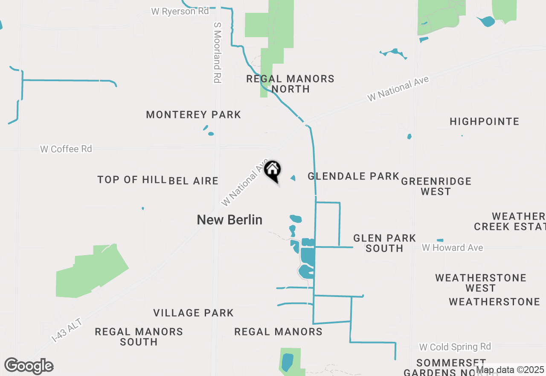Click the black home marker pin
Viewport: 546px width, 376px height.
(272, 170)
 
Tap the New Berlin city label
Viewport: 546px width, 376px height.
(229, 220)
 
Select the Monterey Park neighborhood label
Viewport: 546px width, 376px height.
(193, 115)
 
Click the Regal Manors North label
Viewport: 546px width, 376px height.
(290, 84)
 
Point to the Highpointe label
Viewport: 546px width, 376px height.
(484, 122)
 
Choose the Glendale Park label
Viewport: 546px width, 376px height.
(353, 176)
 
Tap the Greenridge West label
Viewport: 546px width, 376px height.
(436, 186)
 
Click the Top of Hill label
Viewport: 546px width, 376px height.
(131, 179)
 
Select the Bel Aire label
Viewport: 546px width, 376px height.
(194, 181)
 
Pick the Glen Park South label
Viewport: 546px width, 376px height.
(384, 243)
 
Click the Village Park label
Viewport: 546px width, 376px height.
(193, 313)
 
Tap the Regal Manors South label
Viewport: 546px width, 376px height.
(139, 337)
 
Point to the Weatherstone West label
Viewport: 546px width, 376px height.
(481, 283)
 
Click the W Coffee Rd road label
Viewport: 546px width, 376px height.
(66, 149)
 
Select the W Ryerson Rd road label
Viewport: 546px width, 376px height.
(180, 12)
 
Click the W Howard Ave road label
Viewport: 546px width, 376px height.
(452, 248)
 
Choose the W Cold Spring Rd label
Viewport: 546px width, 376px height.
(455, 347)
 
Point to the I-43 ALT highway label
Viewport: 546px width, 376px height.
(67, 329)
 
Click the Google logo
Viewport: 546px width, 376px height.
(29, 366)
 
